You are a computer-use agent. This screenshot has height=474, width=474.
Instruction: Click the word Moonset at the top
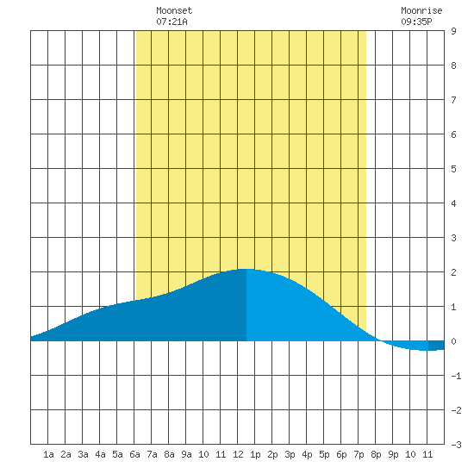[x=174, y=10]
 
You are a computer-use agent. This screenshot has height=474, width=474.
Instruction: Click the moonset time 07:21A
[x=172, y=22]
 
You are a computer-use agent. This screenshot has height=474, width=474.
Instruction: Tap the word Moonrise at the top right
[x=421, y=10]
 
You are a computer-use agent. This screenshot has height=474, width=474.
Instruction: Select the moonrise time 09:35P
[x=416, y=22]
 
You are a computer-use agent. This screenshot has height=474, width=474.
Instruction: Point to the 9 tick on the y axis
[x=453, y=31]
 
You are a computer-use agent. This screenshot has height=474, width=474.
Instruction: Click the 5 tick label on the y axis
[x=453, y=169]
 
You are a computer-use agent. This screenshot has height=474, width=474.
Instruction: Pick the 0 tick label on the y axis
[x=453, y=341]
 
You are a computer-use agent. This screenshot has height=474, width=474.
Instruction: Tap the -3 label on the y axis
[x=456, y=445]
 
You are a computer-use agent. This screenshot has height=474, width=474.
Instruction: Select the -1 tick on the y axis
[x=456, y=376]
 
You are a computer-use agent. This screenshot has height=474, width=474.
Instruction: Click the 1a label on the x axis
[x=48, y=454]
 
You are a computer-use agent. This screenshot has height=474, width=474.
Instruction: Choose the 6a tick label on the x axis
[x=134, y=454]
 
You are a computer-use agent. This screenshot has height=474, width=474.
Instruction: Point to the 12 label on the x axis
[x=238, y=454]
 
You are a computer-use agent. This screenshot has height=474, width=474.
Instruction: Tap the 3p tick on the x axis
[x=290, y=454]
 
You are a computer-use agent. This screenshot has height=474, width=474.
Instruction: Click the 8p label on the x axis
[x=376, y=454]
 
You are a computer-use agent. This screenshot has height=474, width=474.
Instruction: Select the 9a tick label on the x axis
[x=186, y=454]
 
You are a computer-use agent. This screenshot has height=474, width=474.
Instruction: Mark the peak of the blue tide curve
[x=246, y=269]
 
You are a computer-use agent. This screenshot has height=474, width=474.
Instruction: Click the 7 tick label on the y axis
[x=453, y=100]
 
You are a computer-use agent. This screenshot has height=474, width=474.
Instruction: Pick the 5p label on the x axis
[x=324, y=454]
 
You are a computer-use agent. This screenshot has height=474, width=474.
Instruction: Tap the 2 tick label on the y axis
[x=453, y=272]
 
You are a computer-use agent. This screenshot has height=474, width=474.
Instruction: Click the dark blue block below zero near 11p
[x=436, y=346]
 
